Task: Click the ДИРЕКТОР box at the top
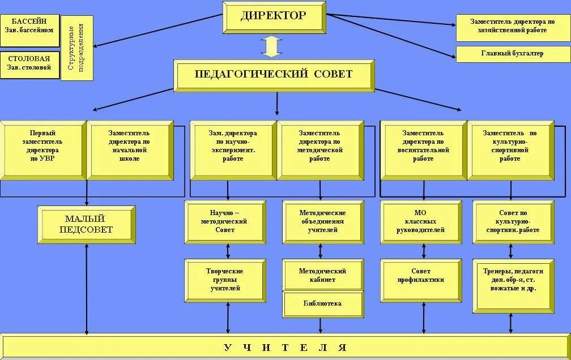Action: coord(274,17)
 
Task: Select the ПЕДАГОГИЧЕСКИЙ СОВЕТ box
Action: coord(274,75)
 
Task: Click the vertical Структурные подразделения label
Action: coord(76,48)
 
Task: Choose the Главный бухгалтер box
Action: coord(512,54)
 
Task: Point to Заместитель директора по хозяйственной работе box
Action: coord(512,27)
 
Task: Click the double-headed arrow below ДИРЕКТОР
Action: coord(271,46)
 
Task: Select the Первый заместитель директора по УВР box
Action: coord(42,150)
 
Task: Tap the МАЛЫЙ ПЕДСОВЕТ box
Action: coord(87,224)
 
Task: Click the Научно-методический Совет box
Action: coord(225,221)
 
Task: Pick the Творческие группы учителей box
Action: coord(225,280)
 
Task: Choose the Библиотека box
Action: coord(323,304)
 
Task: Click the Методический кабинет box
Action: coord(323,275)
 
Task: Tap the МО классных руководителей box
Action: coord(420,221)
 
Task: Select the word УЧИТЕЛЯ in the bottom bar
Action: coord(285,347)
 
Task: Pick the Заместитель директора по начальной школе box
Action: coord(130,150)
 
